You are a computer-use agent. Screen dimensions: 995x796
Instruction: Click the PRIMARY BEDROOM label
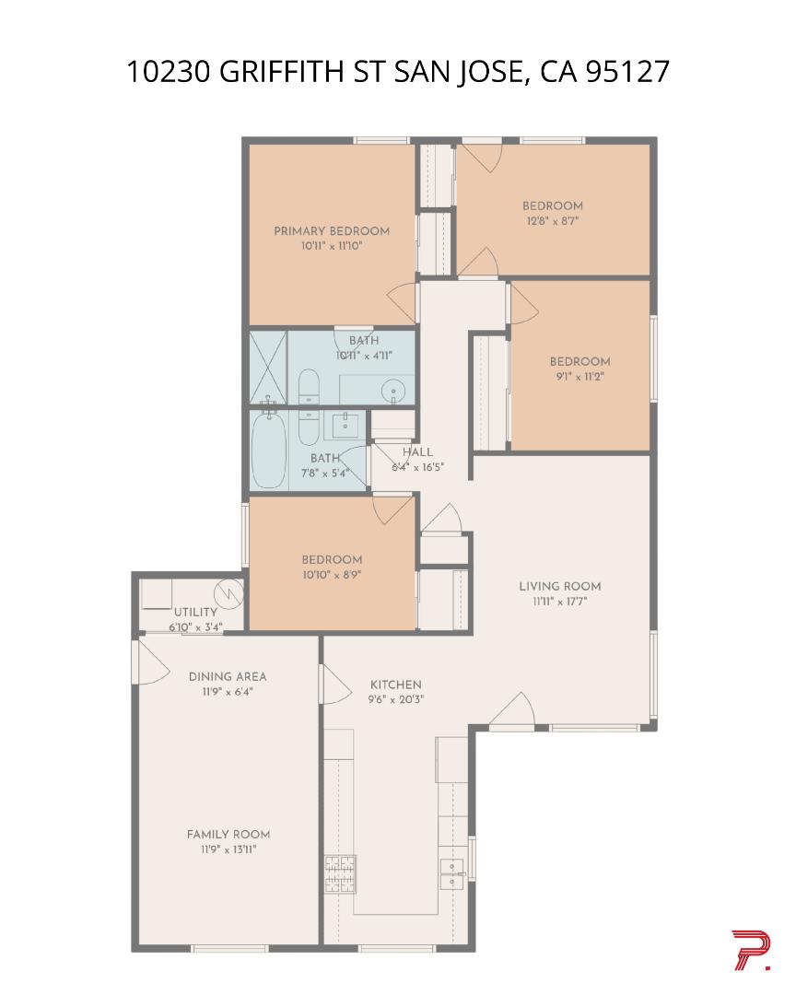point(331,231)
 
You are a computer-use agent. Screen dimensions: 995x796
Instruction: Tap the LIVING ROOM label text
point(559,586)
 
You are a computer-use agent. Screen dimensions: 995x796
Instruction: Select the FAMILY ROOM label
point(228,835)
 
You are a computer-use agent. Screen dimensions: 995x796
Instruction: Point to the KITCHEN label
point(395,685)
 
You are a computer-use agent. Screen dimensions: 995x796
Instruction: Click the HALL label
point(417,452)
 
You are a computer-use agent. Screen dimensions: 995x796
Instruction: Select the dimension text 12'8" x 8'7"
point(552,221)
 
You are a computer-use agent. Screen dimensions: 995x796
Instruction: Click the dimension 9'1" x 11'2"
point(579,376)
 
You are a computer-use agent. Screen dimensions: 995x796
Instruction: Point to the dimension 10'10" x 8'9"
point(331,574)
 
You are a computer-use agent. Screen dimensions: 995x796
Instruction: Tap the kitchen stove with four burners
point(339,874)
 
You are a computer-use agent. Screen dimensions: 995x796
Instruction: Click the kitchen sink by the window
point(451,872)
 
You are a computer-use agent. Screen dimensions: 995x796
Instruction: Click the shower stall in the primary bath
point(268,367)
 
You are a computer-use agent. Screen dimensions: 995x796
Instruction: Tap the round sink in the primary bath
point(394,392)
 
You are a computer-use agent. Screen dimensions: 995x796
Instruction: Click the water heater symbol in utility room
point(228,591)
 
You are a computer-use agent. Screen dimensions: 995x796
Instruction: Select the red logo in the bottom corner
point(751,951)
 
